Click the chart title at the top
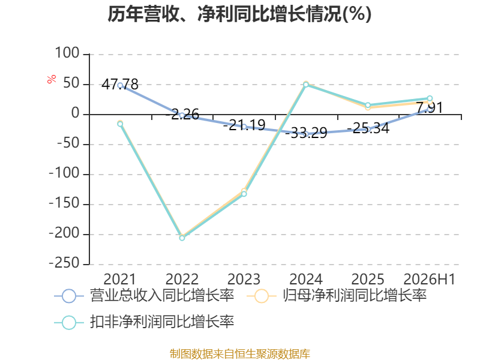point(239,14)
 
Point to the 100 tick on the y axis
point(67,53)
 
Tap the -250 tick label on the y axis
point(65,263)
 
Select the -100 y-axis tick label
point(65,173)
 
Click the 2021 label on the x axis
point(119,279)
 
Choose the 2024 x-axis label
point(305,279)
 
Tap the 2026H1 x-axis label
point(429,279)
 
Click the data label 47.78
point(120,84)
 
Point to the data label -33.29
point(306,133)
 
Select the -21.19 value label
point(244,125)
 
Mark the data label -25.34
point(368,128)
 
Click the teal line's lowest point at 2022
point(182,238)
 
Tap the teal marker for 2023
point(244,194)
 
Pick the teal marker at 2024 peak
point(306,85)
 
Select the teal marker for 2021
point(120,124)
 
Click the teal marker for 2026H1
point(430,98)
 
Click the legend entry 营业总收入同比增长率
point(144,296)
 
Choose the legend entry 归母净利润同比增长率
point(337,296)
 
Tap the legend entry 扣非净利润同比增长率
point(144,322)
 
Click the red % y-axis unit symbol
point(52,79)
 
